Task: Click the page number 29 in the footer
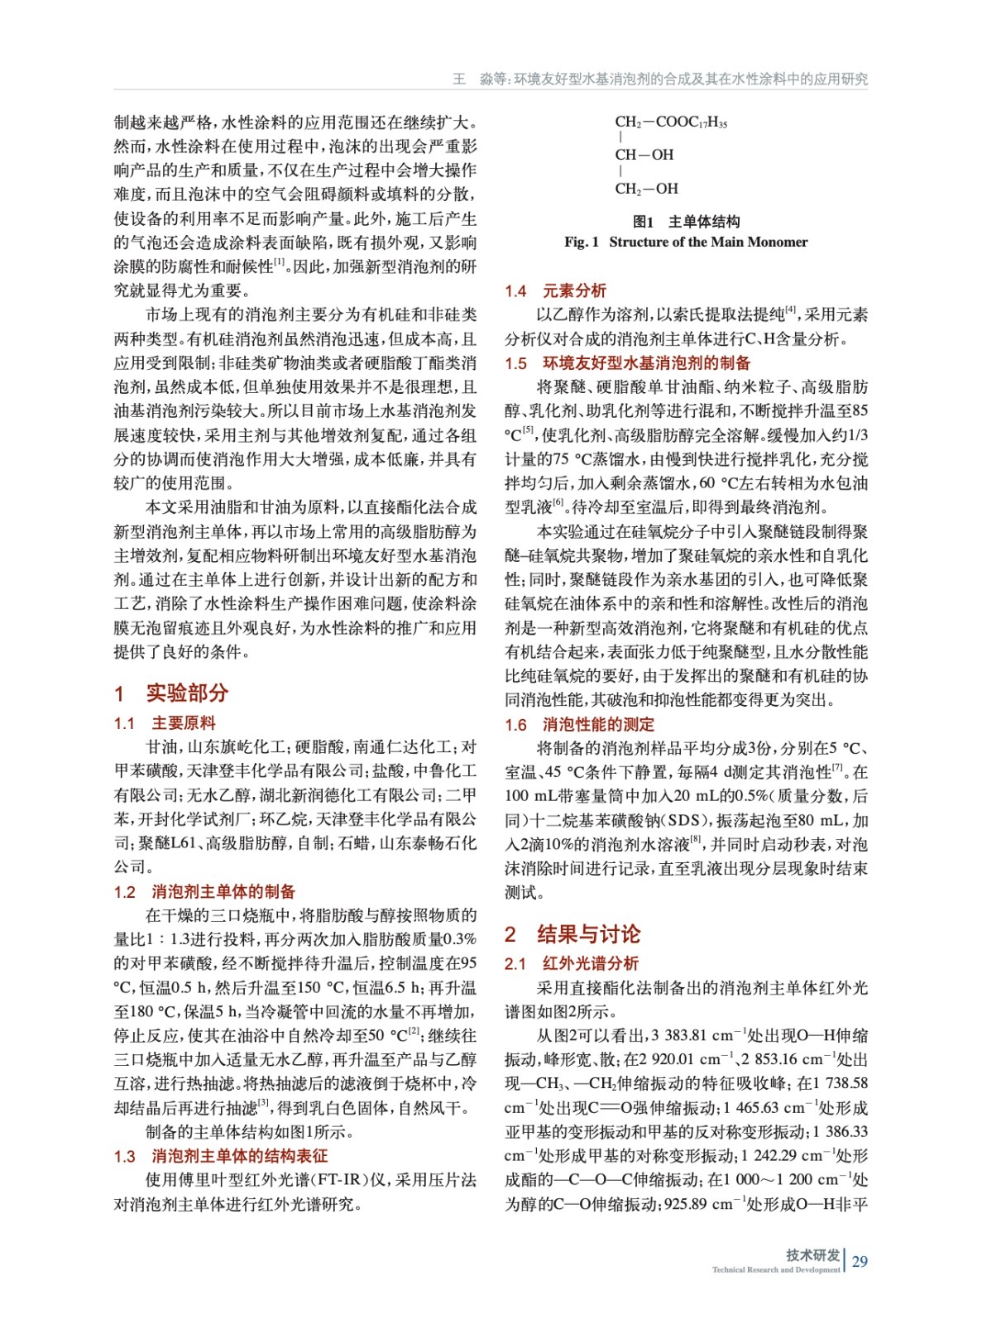(860, 1261)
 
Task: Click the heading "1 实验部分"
(171, 693)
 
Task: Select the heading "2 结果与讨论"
(572, 934)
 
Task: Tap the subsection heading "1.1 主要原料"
(165, 723)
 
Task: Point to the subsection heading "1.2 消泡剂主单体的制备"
(204, 891)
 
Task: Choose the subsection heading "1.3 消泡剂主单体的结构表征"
(220, 1155)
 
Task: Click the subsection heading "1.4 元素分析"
(555, 290)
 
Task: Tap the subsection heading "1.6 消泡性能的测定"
(579, 724)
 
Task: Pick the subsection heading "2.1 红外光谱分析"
(571, 963)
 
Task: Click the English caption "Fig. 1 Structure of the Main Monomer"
(686, 242)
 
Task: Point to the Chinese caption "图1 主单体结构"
(686, 221)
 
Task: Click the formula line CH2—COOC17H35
(671, 122)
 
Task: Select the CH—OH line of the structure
(644, 155)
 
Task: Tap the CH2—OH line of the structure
(646, 189)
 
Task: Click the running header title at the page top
(659, 79)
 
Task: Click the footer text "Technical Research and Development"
(775, 1269)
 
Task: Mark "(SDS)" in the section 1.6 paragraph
(690, 820)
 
